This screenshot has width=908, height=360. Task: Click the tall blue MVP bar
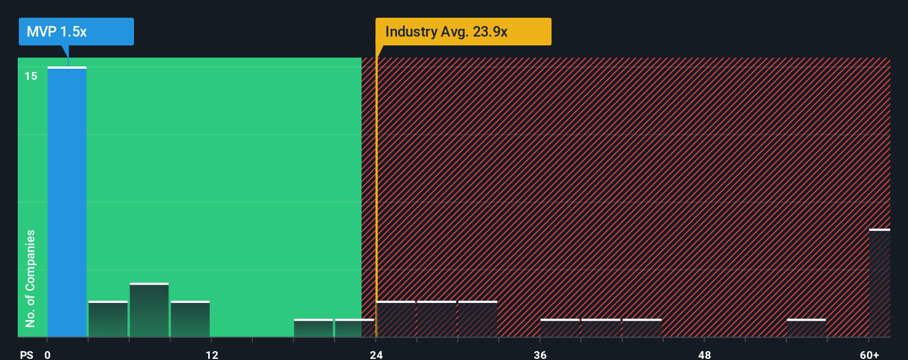(x=67, y=202)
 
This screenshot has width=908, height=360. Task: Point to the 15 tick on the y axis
(x=31, y=76)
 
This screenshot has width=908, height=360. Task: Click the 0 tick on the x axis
(x=48, y=354)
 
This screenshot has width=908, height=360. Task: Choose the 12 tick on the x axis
(x=212, y=354)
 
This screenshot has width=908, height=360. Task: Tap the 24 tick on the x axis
(x=376, y=354)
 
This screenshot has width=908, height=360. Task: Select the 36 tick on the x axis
(x=540, y=354)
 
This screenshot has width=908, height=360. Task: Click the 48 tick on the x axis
(x=704, y=354)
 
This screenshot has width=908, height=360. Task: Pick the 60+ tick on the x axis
(x=869, y=354)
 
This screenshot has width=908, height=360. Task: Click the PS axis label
(x=27, y=354)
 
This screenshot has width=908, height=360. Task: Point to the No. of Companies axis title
(x=30, y=278)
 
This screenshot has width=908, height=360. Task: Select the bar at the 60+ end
(x=879, y=283)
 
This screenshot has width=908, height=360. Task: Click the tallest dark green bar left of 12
(x=149, y=310)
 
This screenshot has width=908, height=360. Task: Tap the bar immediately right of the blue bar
(x=108, y=319)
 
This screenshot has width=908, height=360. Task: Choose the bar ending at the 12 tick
(x=190, y=319)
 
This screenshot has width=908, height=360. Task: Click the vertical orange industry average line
(x=376, y=194)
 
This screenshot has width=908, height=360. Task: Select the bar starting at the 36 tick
(x=560, y=328)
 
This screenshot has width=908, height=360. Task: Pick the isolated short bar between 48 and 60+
(x=806, y=328)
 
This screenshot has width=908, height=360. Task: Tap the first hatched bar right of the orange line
(x=396, y=319)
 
